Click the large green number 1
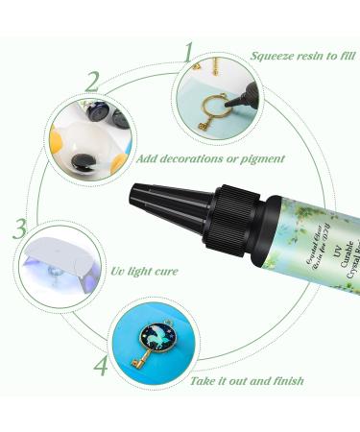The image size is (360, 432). [188, 52]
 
